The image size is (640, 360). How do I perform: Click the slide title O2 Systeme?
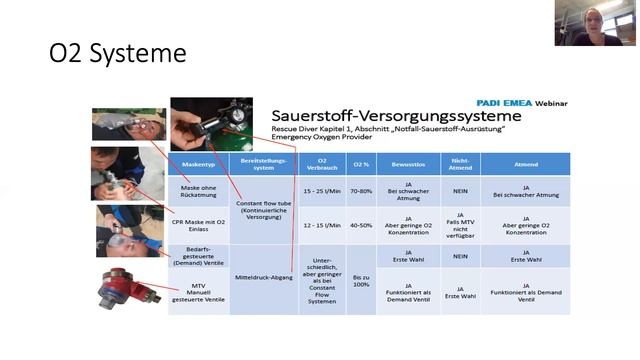point(118,53)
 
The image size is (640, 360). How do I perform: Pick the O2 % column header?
point(361,163)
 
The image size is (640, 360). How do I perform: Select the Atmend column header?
point(526,163)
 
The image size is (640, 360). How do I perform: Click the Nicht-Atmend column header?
point(461,163)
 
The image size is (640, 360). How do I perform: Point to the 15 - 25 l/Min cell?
point(321,190)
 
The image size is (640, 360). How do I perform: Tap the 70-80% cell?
point(361,190)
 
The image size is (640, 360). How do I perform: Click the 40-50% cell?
point(361,225)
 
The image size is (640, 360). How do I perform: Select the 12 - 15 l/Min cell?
point(321,225)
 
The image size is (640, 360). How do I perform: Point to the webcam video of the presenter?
point(597,23)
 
